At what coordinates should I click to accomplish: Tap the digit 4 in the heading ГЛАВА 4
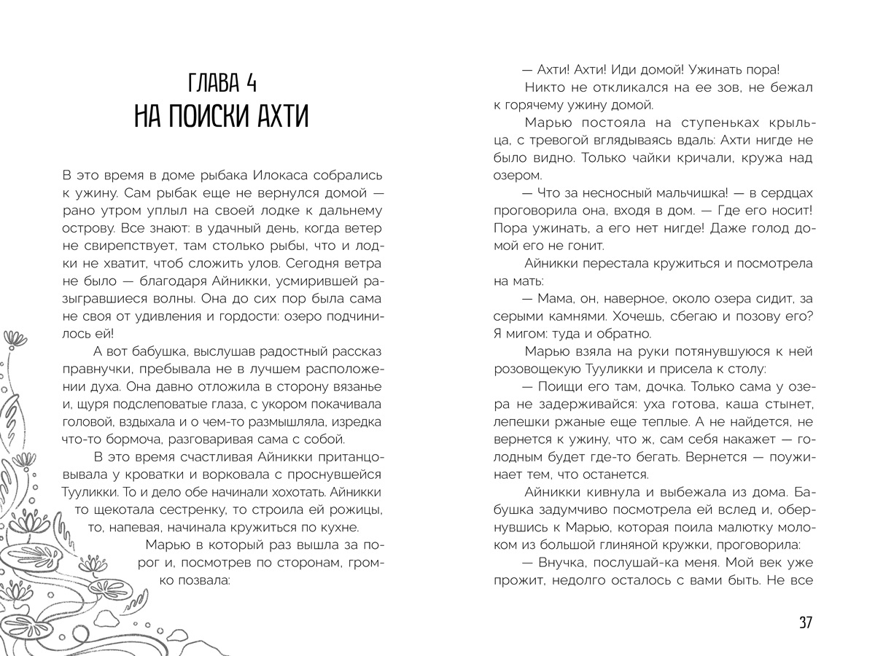[x=251, y=82]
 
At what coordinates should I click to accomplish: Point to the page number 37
[x=805, y=622]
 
